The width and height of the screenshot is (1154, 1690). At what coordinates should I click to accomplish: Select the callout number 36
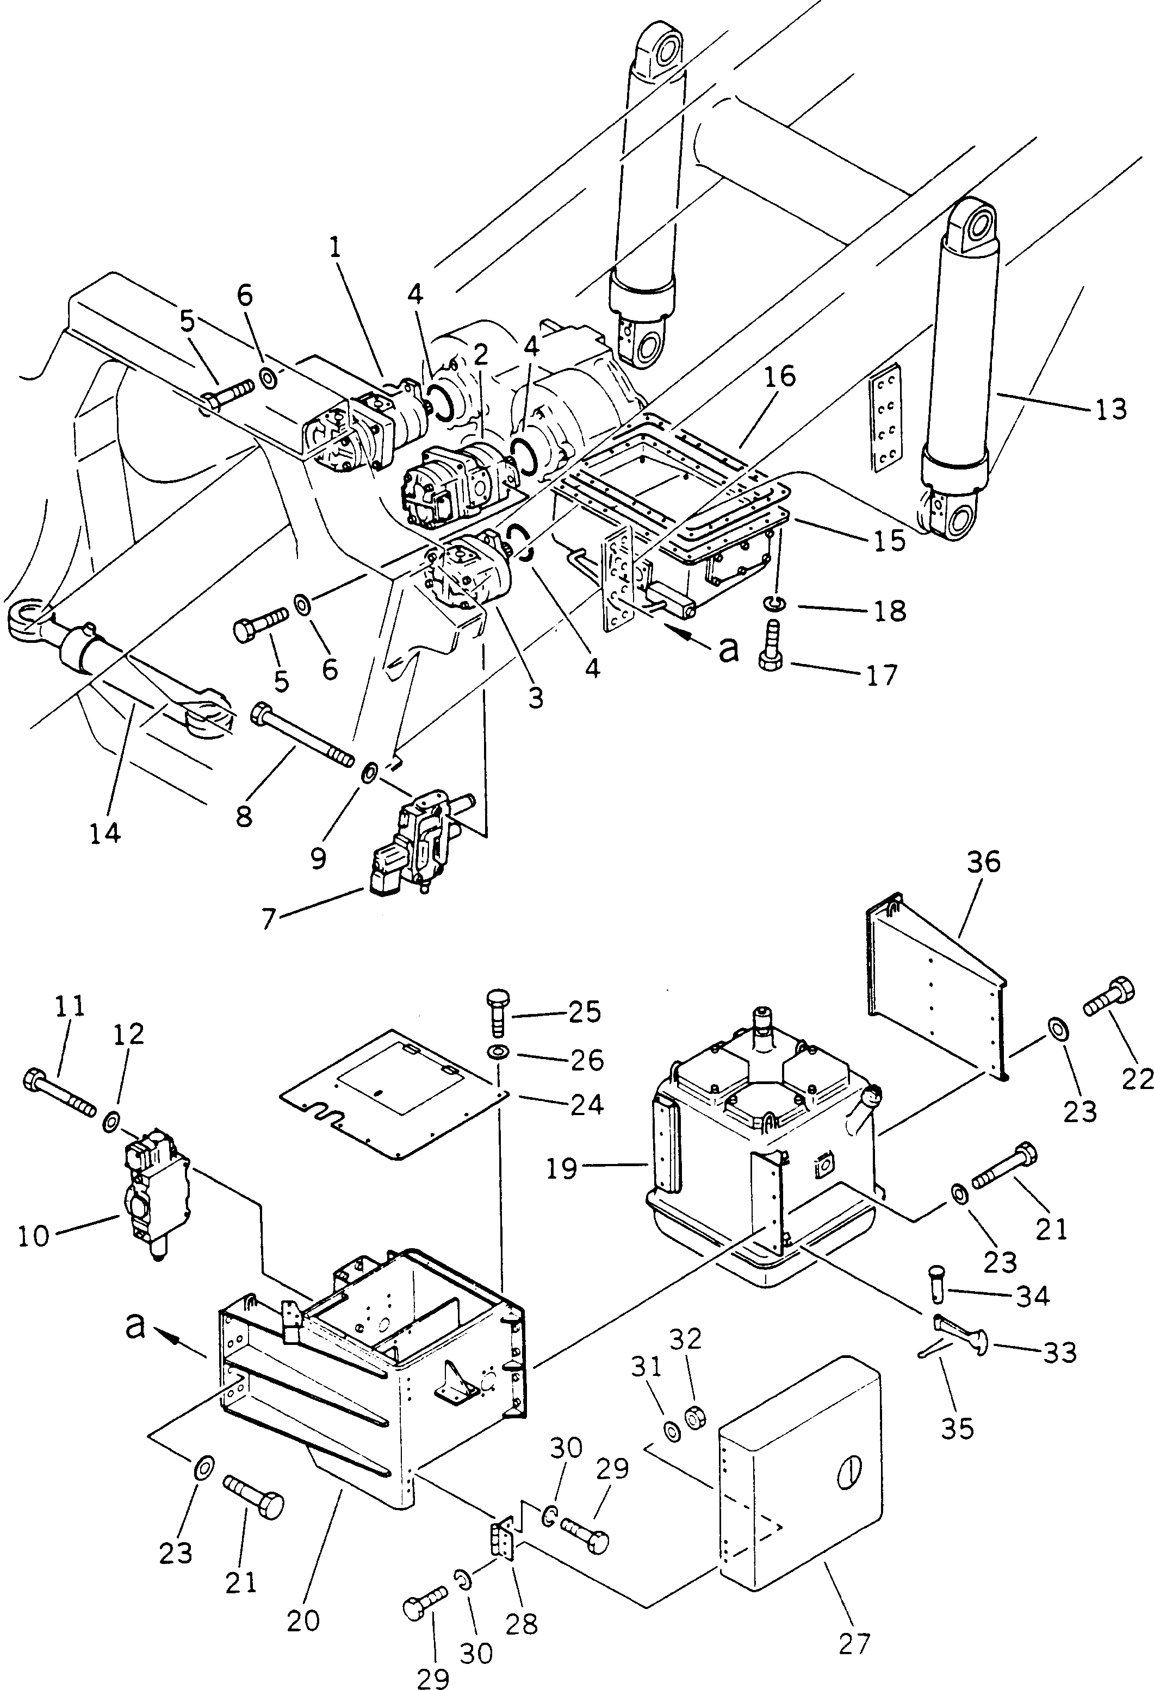(984, 862)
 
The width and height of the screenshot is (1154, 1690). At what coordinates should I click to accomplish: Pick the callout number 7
(269, 919)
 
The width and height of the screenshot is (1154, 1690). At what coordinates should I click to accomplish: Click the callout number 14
(105, 833)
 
